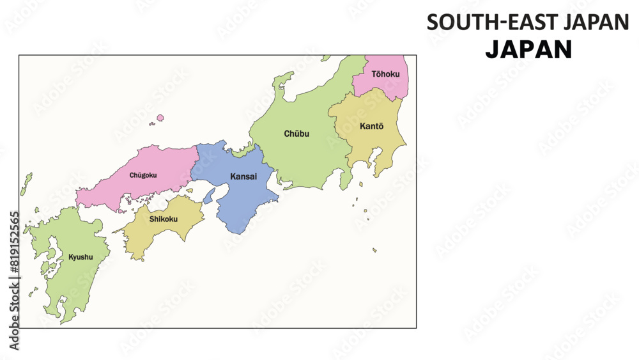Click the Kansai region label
(243, 176)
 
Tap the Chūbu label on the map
(296, 134)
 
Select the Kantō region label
(371, 126)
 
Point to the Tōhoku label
(385, 74)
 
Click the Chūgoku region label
(143, 175)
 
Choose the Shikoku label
(164, 219)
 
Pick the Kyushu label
(81, 257)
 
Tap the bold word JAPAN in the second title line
(528, 50)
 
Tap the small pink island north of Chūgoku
(160, 118)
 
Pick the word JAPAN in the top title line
(596, 22)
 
